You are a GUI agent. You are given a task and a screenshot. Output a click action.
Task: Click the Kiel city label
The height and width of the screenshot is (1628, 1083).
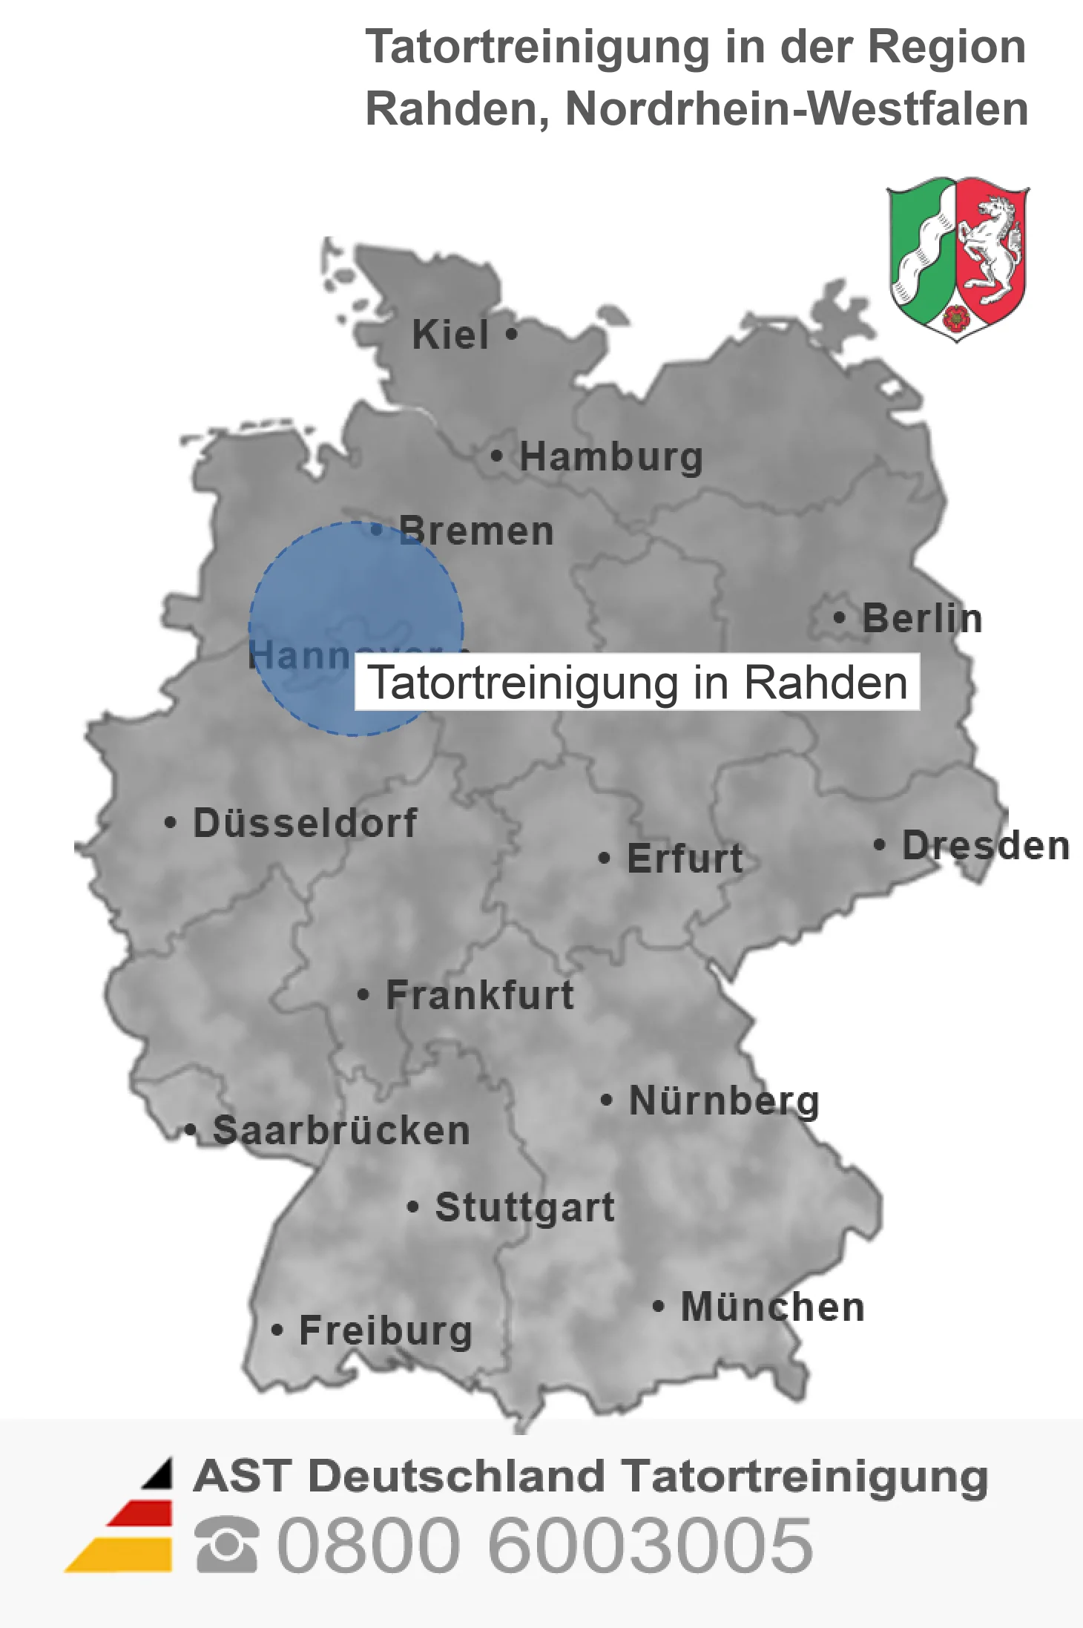[450, 335]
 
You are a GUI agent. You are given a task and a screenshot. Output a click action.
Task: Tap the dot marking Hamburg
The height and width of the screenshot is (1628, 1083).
[497, 456]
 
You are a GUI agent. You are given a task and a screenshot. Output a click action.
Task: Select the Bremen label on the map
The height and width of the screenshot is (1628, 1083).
[476, 531]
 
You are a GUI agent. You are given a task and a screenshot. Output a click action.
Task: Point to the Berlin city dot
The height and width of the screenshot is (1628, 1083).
[839, 617]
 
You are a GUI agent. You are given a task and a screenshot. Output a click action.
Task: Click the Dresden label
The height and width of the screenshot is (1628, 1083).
[986, 846]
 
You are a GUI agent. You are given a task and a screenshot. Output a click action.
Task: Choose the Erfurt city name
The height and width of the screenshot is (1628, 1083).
[685, 859]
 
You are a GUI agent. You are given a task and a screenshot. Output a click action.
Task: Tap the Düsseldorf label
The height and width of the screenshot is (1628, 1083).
[305, 823]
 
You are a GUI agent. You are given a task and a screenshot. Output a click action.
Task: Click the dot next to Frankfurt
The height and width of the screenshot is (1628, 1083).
[363, 994]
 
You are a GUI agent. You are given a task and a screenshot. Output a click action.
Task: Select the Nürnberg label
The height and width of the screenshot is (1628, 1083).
[724, 1100]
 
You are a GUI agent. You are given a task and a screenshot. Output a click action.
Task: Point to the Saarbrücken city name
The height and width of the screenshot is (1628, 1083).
[341, 1131]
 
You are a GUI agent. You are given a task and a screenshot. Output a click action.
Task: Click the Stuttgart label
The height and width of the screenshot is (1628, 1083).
[524, 1207]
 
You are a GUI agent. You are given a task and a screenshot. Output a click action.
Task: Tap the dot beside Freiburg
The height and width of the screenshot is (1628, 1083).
[277, 1330]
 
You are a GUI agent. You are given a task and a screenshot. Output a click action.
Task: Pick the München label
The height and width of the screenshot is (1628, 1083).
[772, 1307]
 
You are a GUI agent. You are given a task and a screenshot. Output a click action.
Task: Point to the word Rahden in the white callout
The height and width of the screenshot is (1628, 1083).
[825, 683]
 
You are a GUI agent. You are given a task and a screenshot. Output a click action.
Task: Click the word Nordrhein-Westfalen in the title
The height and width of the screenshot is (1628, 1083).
[797, 109]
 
